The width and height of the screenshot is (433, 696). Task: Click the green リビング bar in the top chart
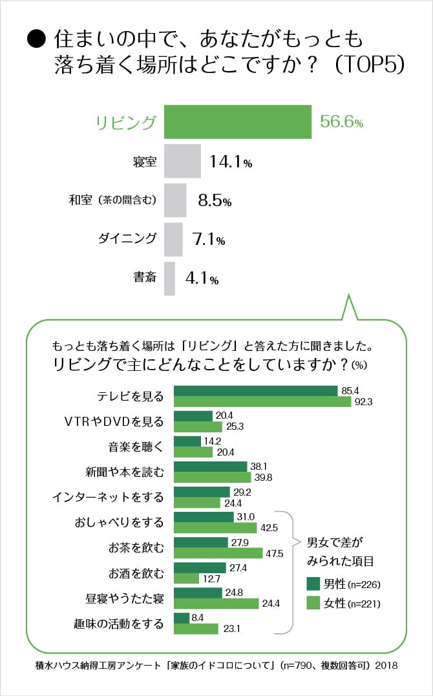[237, 121]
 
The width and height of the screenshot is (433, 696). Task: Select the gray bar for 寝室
[183, 162]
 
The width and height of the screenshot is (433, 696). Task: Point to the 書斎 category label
[144, 278]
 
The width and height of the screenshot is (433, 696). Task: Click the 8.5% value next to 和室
[215, 201]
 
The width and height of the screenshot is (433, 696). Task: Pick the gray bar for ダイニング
[173, 239]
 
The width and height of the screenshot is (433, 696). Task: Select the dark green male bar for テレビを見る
[256, 391]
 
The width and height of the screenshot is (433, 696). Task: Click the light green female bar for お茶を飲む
[218, 553]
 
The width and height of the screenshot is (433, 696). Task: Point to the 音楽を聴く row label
[136, 447]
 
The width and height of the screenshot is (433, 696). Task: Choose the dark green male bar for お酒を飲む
[200, 567]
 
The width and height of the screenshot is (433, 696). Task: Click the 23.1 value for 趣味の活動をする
[233, 627]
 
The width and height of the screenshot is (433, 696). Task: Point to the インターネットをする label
[107, 497]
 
